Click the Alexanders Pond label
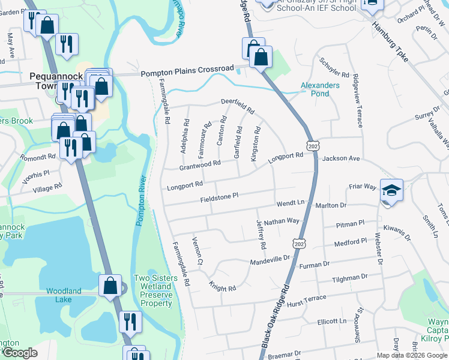pos(319,89)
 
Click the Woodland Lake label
pos(64,295)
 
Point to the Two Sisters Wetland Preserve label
pos(155,290)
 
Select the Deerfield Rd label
pos(238,106)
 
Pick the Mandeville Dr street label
pos(270,260)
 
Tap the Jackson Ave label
pos(340,159)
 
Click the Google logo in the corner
pos(20,353)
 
